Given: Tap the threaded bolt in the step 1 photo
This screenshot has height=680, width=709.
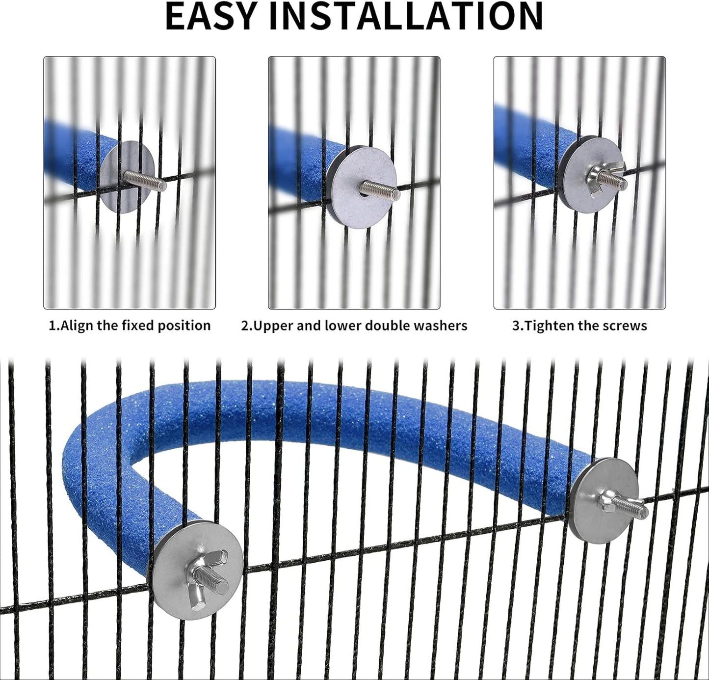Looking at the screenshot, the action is pyautogui.click(x=145, y=181).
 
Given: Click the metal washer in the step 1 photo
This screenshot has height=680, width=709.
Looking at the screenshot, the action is pyautogui.click(x=127, y=177).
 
